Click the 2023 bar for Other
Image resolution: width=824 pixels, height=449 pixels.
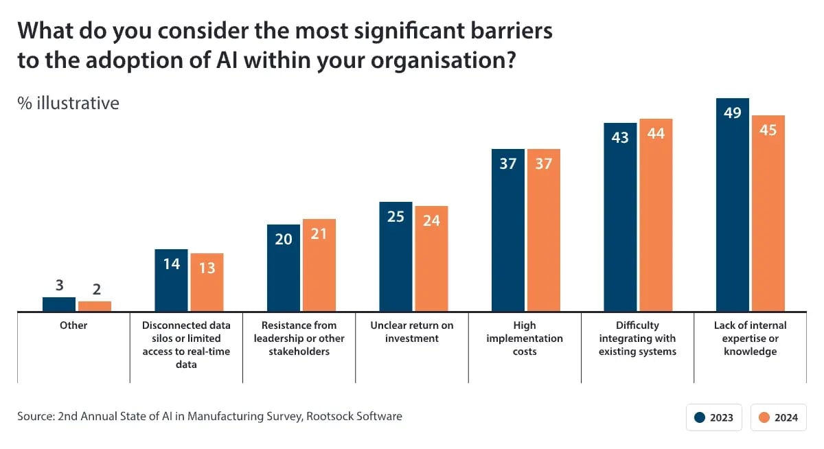[x=59, y=304]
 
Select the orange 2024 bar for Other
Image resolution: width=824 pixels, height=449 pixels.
[x=95, y=306]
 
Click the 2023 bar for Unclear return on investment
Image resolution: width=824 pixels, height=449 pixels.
[x=396, y=257]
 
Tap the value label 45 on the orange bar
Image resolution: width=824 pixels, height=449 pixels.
[x=768, y=130]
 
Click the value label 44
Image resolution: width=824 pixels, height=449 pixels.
[x=656, y=133]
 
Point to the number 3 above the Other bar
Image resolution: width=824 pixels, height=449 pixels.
[x=59, y=286]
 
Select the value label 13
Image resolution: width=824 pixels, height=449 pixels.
[x=207, y=268]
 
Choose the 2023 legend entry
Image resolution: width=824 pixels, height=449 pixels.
[x=714, y=417]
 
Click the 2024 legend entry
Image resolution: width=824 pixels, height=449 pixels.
[x=779, y=417]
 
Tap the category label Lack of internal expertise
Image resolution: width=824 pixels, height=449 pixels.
[x=750, y=338]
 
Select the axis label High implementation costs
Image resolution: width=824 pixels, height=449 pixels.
[x=525, y=338]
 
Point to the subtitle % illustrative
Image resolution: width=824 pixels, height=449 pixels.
[x=69, y=103]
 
